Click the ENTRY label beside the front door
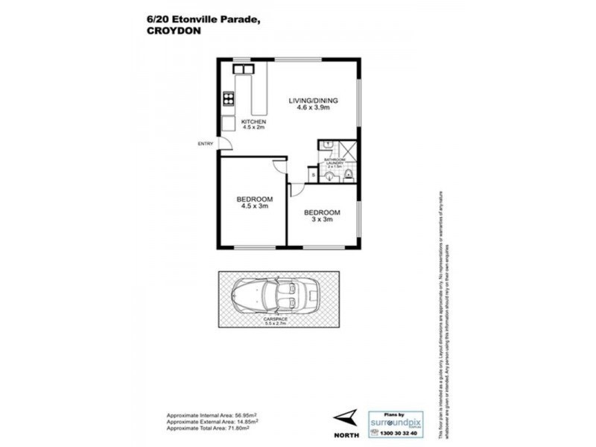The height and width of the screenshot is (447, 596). (205, 144)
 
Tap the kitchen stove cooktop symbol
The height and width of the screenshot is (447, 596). (228, 98)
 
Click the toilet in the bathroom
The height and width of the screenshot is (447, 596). (350, 177)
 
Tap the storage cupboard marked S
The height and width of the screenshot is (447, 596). (313, 175)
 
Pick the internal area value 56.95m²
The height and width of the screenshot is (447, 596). (230, 416)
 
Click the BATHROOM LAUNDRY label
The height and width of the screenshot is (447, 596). (333, 163)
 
